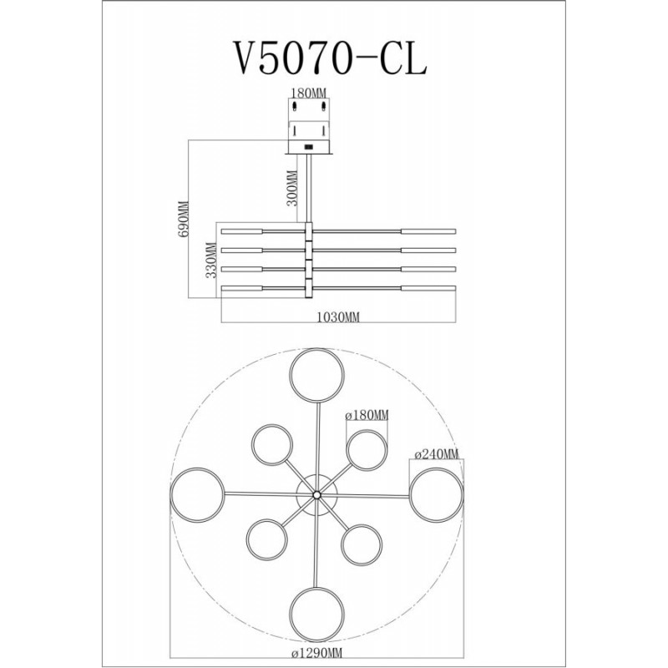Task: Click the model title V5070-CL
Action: pyautogui.click(x=328, y=58)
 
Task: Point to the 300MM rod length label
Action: pyautogui.click(x=291, y=188)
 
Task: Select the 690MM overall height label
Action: pyautogui.click(x=183, y=220)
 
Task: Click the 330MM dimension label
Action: pyautogui.click(x=211, y=260)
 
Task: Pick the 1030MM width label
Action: pyautogui.click(x=339, y=317)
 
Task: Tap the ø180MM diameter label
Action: pyautogui.click(x=367, y=414)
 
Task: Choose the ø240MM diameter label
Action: pyautogui.click(x=437, y=454)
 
